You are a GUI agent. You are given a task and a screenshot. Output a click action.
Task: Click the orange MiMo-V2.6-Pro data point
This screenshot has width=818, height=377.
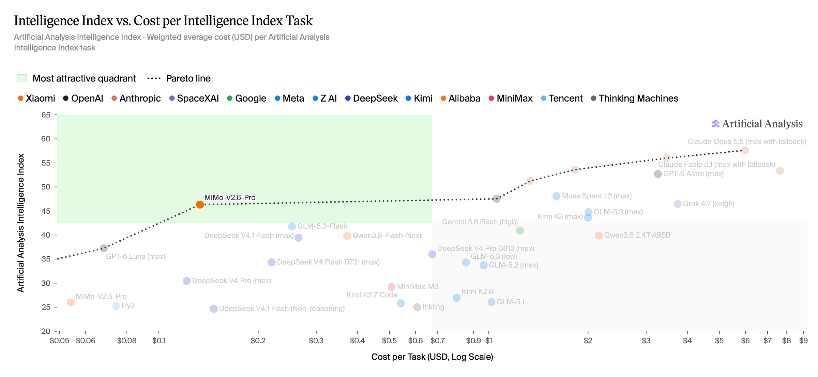point(200,205)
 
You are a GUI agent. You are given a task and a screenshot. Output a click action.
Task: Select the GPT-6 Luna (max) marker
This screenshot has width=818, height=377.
point(104,248)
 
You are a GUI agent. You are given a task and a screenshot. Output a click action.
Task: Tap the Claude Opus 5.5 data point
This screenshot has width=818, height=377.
point(745,150)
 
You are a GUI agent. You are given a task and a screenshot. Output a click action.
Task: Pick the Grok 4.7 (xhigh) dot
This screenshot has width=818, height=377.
point(678,204)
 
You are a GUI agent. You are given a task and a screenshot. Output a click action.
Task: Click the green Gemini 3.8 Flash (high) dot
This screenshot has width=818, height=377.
point(520,231)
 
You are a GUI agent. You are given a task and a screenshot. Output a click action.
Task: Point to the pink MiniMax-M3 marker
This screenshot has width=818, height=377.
point(392,287)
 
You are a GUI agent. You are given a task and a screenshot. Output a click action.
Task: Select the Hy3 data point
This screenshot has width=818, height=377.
point(116,306)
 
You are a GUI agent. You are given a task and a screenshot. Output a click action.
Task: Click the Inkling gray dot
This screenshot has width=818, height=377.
point(417,307)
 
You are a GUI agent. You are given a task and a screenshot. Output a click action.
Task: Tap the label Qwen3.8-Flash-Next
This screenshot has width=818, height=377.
point(387,236)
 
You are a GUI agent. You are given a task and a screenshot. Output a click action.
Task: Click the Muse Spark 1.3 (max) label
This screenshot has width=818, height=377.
point(597,196)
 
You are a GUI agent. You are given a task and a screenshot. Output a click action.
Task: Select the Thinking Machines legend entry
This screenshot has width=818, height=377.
point(635,99)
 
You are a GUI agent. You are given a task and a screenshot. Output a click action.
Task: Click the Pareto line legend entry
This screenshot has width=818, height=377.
point(179,78)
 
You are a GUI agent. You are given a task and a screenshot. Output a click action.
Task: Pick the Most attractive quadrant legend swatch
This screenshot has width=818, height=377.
point(22,78)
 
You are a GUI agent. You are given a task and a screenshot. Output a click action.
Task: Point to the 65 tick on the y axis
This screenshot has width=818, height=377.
point(46,115)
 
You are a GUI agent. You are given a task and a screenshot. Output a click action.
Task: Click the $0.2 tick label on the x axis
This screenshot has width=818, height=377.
point(258,341)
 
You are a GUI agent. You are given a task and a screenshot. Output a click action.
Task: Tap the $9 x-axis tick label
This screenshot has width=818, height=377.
point(803,341)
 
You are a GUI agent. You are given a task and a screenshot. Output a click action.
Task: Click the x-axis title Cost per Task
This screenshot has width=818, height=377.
point(432,357)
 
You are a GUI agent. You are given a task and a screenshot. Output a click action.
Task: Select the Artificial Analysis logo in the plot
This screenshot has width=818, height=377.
point(757,124)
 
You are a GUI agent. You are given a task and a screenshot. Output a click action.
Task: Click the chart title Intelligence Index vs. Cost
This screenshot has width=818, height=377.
point(163,21)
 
